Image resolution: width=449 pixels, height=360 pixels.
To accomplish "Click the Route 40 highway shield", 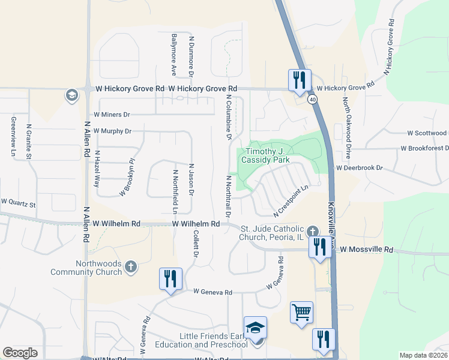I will coord(313,99).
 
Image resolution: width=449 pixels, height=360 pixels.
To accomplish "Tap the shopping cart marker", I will coord(301,312).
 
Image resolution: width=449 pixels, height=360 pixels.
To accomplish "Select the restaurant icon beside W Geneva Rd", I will coord(171,278).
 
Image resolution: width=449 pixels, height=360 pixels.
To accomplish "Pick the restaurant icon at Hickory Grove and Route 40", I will coord(299,80).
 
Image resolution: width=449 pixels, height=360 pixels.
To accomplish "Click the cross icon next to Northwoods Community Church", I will coord(131,266).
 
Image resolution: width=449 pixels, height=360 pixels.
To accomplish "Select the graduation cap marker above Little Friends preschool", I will coord(256,328).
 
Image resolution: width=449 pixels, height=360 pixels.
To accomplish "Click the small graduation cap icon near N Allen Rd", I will coord(71,95).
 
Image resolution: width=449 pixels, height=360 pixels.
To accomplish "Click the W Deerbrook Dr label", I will coord(359,168).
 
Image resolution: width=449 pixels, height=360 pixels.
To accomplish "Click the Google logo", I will coord(20,353).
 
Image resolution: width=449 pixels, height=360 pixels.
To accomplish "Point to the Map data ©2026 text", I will coord(423,355).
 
